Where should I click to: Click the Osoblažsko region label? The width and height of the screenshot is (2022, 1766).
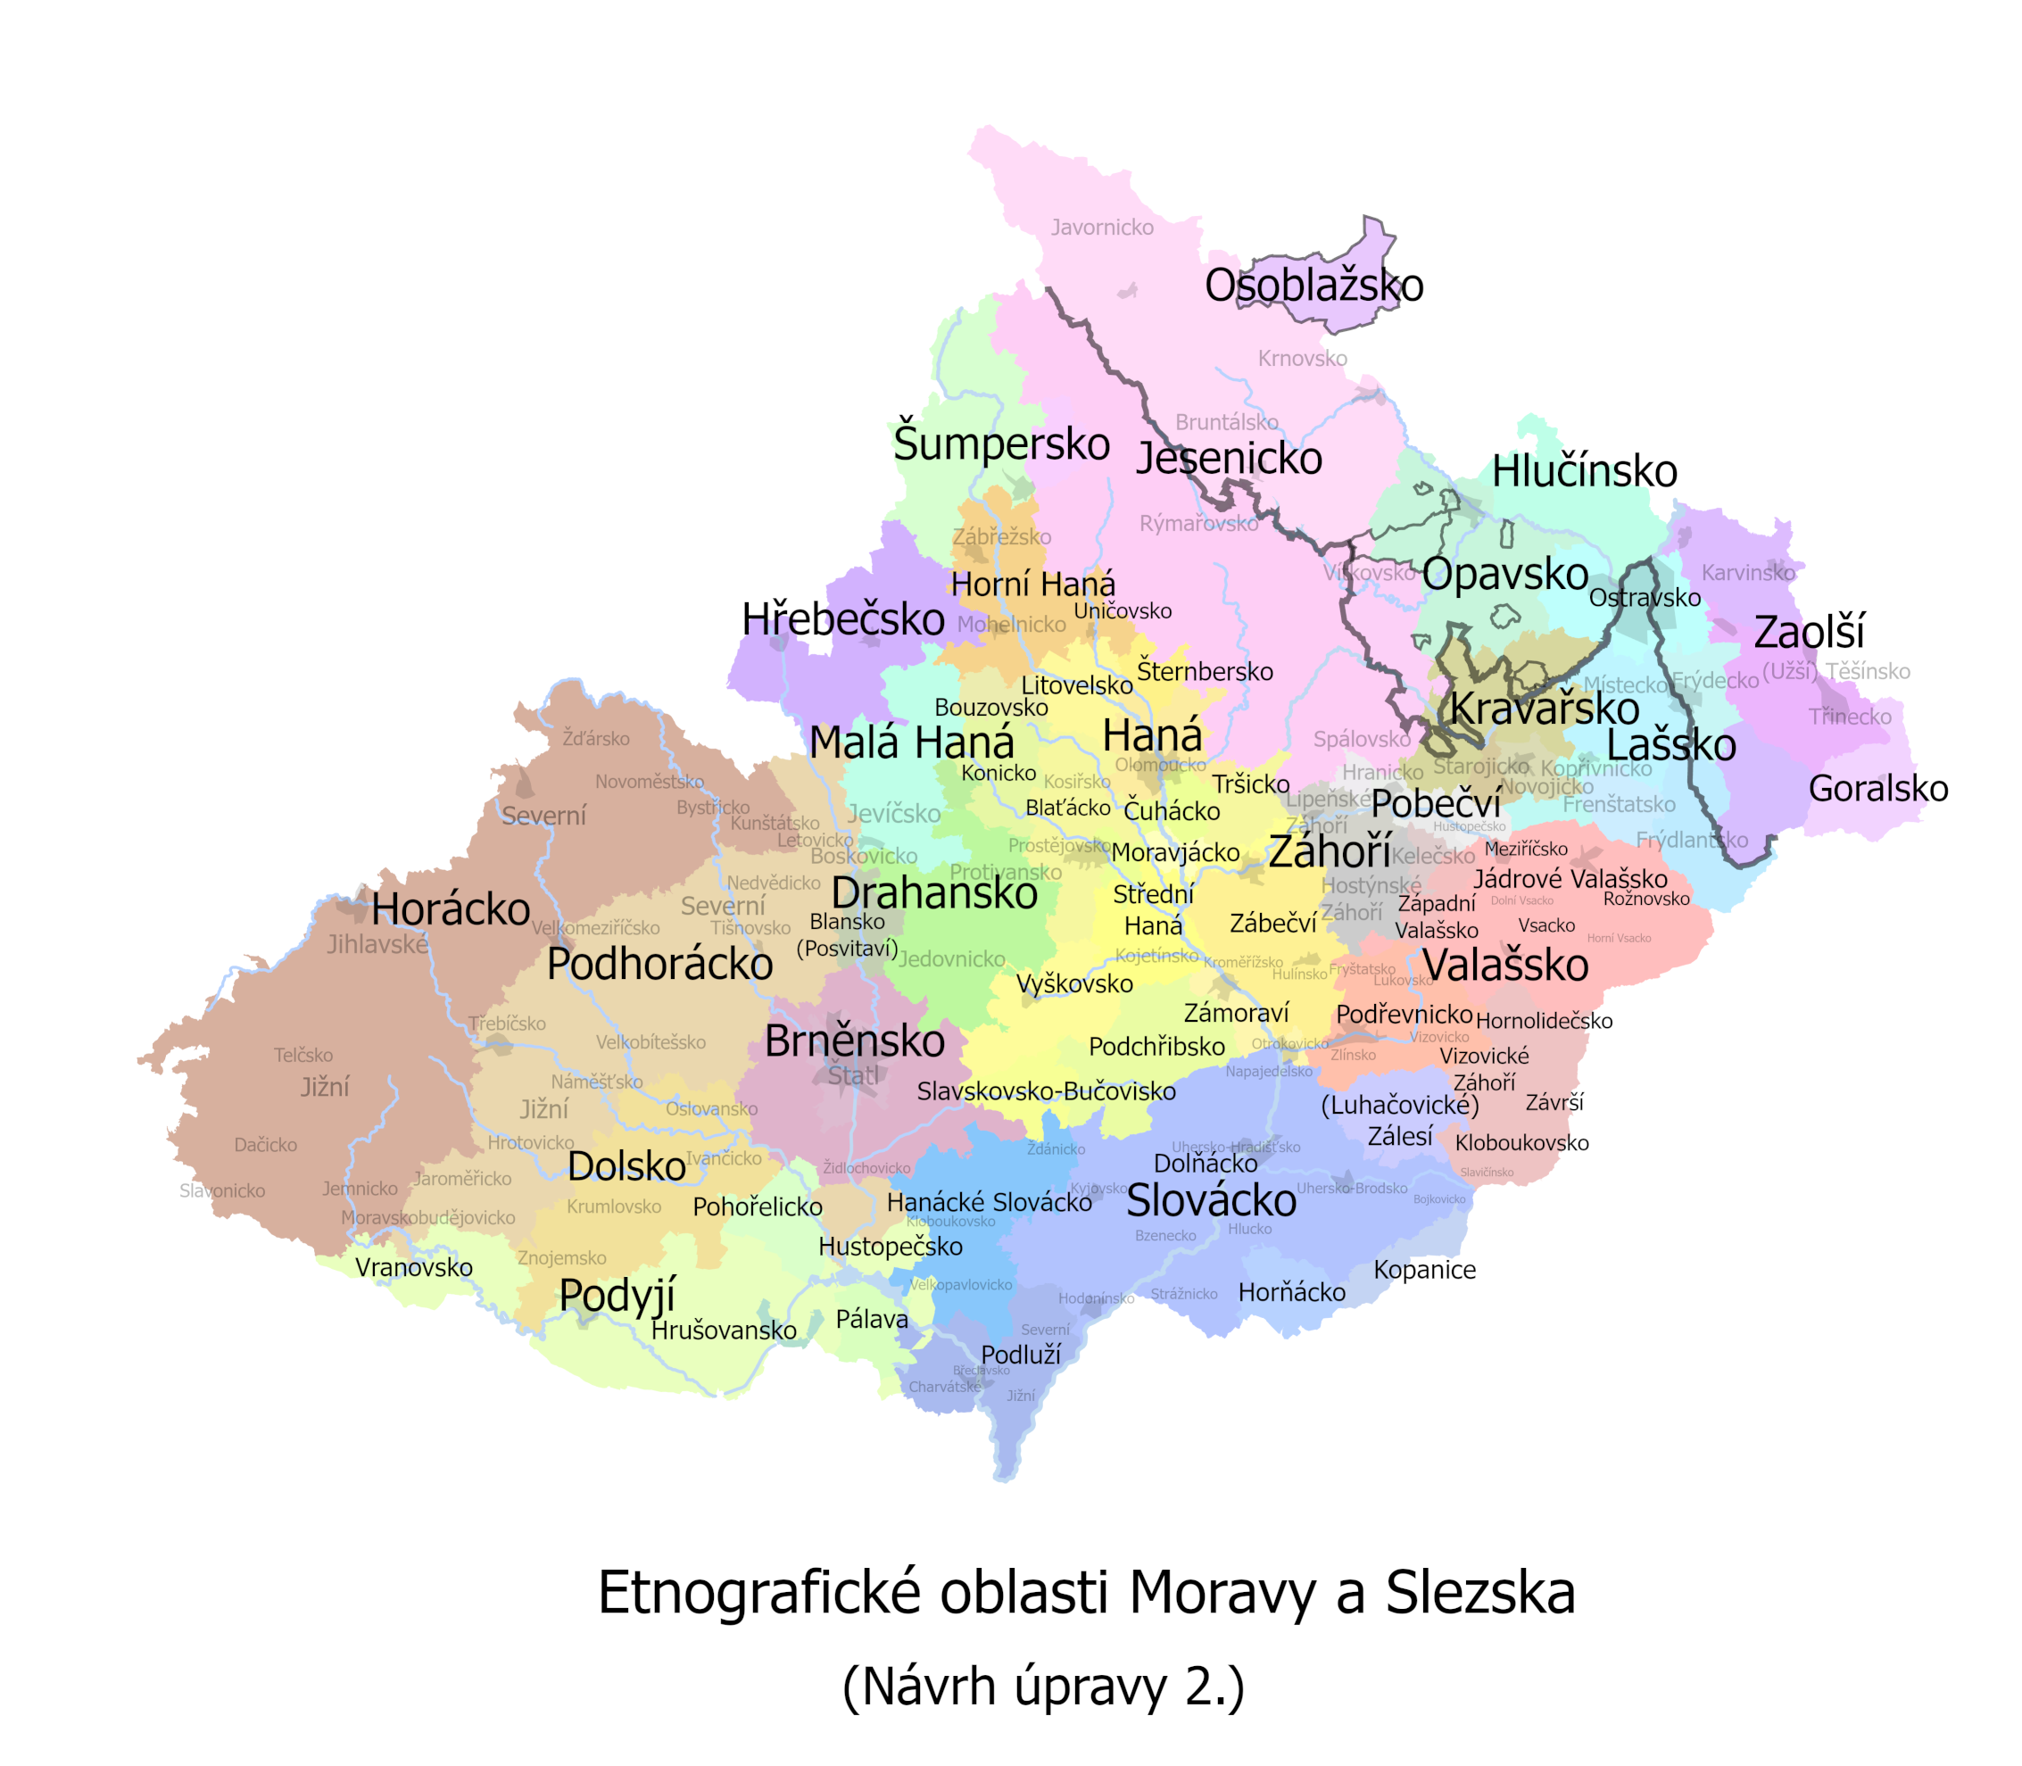[1313, 286]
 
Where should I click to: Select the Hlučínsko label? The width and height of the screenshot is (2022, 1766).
[1584, 471]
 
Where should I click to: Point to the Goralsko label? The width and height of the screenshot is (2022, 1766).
[1877, 788]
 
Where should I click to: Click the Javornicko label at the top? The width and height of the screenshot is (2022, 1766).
[1102, 228]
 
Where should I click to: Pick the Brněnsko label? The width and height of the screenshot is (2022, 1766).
[854, 1041]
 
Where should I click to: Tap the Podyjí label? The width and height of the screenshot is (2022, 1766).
[617, 1295]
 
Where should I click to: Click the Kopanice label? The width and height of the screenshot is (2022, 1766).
[1424, 1269]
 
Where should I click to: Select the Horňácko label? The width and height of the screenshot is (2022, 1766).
[1291, 1292]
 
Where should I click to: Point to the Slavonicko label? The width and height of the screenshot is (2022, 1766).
[221, 1190]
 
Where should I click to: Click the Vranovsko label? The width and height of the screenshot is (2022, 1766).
[414, 1267]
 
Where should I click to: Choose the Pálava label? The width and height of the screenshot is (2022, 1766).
[871, 1319]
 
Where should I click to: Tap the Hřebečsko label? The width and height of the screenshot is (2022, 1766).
[842, 619]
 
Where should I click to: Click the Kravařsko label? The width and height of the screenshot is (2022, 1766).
[1544, 709]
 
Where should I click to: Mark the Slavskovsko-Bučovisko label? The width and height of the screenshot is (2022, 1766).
[1046, 1091]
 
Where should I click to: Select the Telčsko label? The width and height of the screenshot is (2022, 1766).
[303, 1056]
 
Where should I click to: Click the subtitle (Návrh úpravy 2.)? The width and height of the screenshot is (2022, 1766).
[1042, 1687]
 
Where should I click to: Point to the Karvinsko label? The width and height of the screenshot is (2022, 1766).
[1747, 573]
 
